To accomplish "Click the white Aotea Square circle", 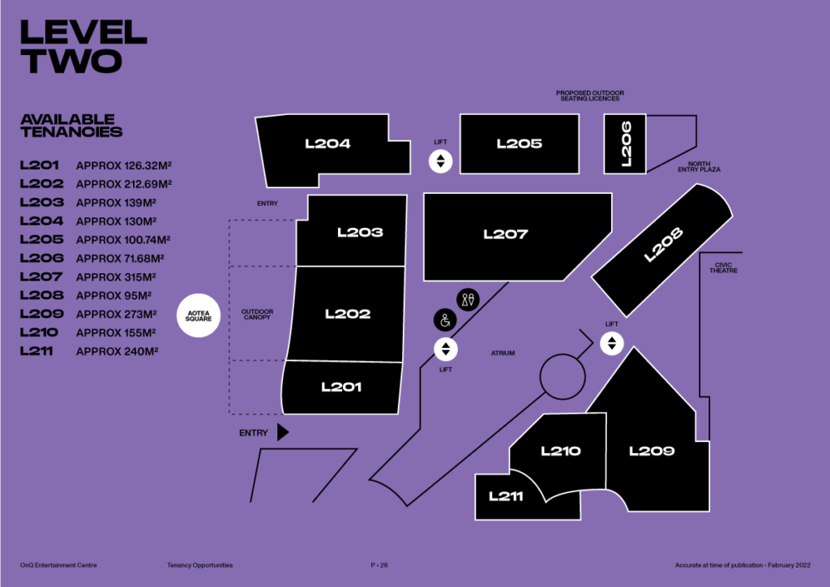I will [199, 314].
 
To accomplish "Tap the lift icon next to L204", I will [440, 161].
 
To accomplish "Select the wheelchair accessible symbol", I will [444, 320].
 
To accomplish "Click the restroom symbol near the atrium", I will [468, 299].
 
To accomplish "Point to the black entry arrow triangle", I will [282, 432].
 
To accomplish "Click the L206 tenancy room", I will [626, 144].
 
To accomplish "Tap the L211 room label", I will [506, 496].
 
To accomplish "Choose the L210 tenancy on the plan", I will [561, 451].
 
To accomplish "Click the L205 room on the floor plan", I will [520, 144].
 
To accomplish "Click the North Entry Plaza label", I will [699, 166].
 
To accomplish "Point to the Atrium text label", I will [503, 353].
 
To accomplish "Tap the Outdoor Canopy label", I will [257, 314].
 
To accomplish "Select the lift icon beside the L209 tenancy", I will [612, 342].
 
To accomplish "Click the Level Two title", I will [83, 46].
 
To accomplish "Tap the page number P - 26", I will [379, 564].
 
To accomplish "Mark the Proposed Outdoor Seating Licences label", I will [590, 96].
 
